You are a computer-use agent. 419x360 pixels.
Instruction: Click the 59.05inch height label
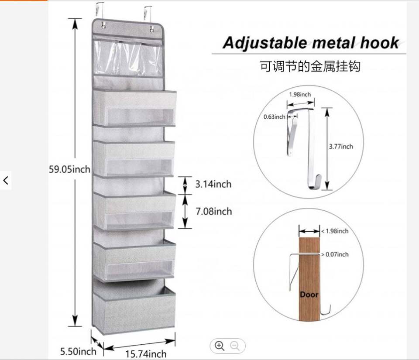click(69, 169)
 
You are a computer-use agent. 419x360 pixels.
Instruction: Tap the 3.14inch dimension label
click(213, 184)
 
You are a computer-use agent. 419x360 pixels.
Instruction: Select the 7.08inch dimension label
click(213, 212)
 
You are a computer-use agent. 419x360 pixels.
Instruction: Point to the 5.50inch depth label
click(78, 351)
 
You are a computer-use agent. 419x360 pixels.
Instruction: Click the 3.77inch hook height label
click(341, 147)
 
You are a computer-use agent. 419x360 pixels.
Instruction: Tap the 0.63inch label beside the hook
click(274, 117)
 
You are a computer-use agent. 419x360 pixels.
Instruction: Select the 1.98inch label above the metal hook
click(300, 94)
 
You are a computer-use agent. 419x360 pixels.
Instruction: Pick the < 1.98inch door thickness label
click(334, 231)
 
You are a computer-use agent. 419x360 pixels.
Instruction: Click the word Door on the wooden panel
click(309, 295)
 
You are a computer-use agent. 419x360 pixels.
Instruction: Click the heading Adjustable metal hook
click(310, 43)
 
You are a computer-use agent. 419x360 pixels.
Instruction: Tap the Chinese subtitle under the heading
click(310, 67)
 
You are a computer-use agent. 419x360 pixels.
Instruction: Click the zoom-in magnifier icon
click(220, 346)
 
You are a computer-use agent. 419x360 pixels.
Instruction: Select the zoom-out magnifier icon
click(235, 346)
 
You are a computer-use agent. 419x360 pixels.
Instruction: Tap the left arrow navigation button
click(6, 180)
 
